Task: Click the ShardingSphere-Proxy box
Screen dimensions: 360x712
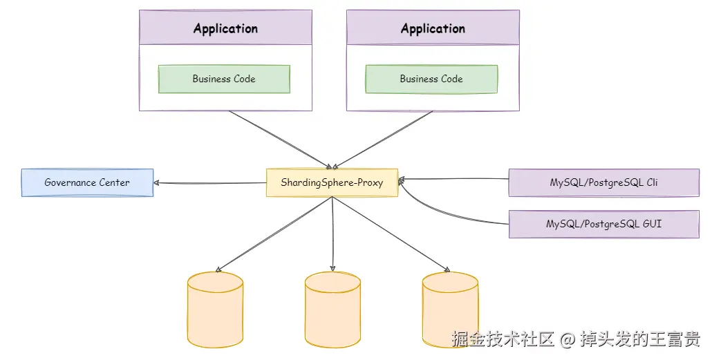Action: (332, 182)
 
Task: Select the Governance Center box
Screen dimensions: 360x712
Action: (87, 182)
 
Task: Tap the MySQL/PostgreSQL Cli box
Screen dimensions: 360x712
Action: (603, 182)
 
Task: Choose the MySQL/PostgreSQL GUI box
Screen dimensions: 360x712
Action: (603, 224)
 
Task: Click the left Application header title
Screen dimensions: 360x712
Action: (225, 28)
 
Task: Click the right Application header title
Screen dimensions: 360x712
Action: (433, 28)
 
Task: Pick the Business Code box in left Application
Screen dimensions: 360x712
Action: (224, 79)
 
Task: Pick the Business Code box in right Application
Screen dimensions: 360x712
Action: (431, 79)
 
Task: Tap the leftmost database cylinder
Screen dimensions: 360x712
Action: (215, 309)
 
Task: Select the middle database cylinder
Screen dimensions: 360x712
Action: (332, 309)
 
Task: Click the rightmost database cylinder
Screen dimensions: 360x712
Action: (450, 309)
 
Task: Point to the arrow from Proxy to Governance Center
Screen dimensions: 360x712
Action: (210, 183)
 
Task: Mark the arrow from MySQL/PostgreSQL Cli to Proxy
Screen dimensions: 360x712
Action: (453, 179)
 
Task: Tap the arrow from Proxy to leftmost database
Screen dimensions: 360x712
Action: (274, 234)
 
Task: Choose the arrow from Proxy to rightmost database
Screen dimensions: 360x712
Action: (391, 234)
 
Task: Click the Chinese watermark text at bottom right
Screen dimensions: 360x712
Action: (576, 339)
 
